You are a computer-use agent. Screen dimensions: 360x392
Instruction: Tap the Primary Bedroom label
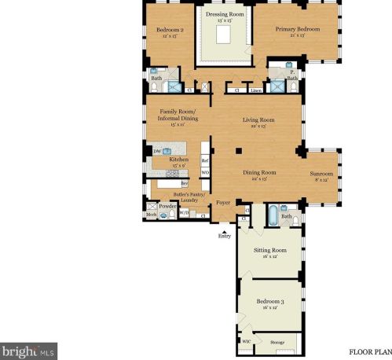tap(297, 29)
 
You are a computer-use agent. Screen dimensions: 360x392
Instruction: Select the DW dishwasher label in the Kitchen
tap(158, 151)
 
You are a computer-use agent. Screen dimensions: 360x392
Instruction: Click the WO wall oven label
tap(204, 171)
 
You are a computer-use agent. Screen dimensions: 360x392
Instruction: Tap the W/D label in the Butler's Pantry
tap(183, 211)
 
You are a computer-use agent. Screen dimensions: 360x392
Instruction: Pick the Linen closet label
tap(257, 91)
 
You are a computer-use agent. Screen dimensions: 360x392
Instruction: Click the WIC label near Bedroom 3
tap(246, 341)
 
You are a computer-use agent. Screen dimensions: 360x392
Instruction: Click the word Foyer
tap(224, 201)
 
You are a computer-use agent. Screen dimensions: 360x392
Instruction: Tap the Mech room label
tap(150, 214)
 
